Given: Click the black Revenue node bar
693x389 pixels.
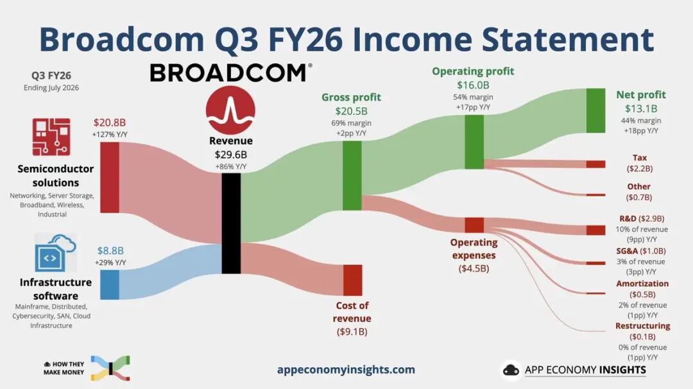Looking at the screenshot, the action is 231,223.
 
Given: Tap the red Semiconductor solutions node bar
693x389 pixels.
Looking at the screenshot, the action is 110,177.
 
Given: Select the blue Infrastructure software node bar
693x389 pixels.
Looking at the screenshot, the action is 110,284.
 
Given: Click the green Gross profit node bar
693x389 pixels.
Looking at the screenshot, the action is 352,175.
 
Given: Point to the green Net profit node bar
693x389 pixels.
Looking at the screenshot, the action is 595,110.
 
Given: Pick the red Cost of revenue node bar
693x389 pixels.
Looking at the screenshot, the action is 353,281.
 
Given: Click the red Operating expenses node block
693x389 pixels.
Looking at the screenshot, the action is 474,225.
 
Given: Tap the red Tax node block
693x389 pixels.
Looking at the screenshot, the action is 595,164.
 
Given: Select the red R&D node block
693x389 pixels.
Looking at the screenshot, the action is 595,230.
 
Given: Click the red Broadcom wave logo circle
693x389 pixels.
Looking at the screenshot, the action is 230,110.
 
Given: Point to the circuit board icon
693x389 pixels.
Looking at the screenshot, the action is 51,137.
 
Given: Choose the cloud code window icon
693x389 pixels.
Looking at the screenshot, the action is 55,253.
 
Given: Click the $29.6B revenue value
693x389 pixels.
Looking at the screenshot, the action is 231,155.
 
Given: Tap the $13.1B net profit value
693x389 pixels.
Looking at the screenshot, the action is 641,108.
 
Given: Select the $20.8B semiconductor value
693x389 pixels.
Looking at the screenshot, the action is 110,123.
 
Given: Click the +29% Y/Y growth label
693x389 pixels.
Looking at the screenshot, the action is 110,263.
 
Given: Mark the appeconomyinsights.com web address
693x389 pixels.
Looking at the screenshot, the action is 346,370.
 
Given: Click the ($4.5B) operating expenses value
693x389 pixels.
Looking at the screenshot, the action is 474,268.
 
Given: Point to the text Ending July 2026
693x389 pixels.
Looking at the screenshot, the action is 51,87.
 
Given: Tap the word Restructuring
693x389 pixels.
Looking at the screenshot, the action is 642,326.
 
